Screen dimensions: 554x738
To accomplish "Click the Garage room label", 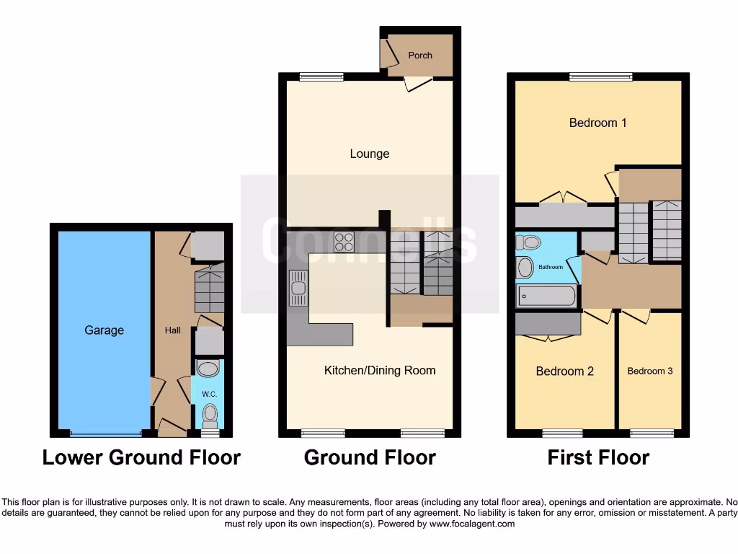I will (104, 330).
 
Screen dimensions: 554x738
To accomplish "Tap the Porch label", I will (420, 56).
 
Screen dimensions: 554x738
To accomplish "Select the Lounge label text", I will (369, 154).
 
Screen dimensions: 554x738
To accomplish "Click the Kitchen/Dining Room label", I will (380, 371).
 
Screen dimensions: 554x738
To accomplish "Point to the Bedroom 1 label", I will (597, 123).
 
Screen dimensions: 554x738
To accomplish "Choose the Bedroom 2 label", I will (564, 371).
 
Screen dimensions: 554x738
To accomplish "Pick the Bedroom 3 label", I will (649, 371).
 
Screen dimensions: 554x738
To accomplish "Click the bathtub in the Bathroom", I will (546, 296).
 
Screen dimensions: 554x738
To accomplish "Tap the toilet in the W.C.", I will (210, 415).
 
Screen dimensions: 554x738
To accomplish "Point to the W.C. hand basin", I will (208, 370).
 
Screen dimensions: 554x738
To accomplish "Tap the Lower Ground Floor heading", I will (141, 457).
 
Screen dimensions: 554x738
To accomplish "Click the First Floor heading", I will (598, 457).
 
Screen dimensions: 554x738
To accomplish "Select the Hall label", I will (172, 330).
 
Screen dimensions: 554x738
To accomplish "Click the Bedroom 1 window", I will (600, 76).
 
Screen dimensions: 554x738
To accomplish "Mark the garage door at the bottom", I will (106, 434).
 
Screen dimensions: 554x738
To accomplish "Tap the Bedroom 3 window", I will (652, 434).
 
